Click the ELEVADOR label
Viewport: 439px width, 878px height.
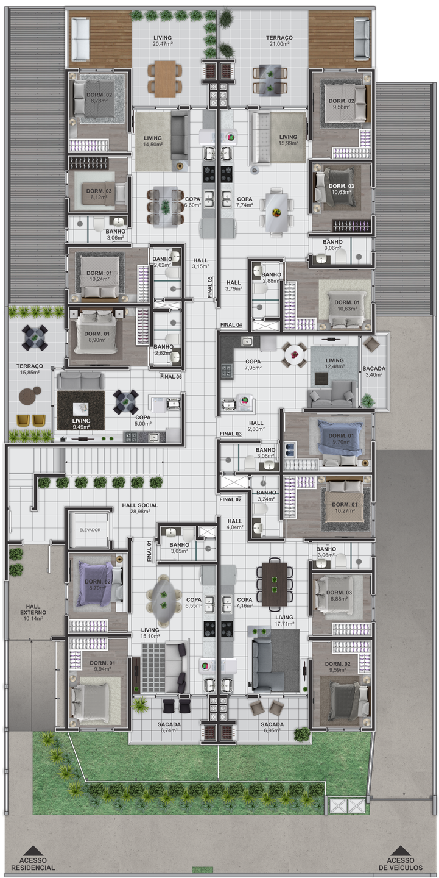[x=90, y=530]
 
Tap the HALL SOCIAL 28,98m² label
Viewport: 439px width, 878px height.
[x=140, y=509]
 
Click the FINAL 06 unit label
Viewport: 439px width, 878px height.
[x=171, y=377]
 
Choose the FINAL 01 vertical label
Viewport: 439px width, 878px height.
[x=149, y=551]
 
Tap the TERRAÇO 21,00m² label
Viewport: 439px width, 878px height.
[x=279, y=41]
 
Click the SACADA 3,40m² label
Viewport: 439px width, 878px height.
[x=374, y=371]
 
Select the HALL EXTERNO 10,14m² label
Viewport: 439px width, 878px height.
[x=33, y=612]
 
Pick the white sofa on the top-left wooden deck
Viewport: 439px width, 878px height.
[x=81, y=40]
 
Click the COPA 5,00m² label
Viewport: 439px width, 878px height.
[x=143, y=421]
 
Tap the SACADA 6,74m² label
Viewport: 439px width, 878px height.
[x=169, y=727]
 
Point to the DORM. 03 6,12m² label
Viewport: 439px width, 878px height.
[x=99, y=194]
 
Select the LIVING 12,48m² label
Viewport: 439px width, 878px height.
[x=334, y=363]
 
